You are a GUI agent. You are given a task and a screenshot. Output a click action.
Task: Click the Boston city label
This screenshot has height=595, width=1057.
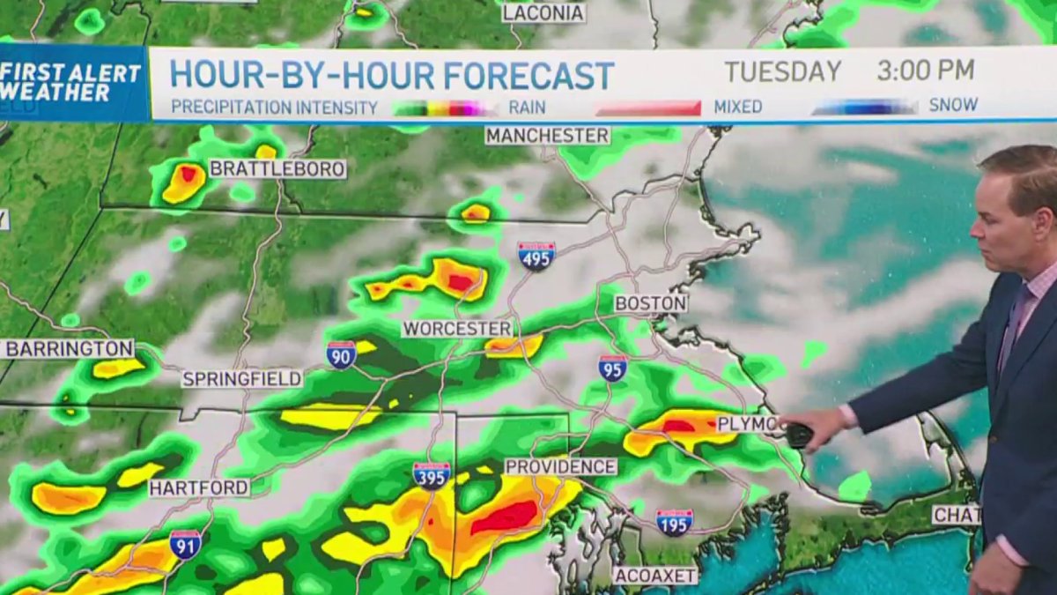point(651,303)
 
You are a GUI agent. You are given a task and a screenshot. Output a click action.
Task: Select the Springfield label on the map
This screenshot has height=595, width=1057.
point(242,379)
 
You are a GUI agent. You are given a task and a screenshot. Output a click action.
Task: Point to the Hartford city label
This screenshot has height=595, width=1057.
point(199,487)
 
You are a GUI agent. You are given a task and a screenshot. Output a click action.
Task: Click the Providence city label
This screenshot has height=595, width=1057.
point(560,466)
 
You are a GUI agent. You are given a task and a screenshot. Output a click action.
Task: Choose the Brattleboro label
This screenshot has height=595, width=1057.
point(277,169)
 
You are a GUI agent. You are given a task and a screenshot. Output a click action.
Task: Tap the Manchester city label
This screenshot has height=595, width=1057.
point(547,136)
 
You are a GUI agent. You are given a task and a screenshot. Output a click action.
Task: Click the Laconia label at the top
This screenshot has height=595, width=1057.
point(543,13)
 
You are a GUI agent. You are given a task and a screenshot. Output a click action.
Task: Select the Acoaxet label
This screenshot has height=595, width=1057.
point(655,576)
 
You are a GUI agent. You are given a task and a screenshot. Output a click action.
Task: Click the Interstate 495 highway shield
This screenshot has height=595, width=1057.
point(536,256)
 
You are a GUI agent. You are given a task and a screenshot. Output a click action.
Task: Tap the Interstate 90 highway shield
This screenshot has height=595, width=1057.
point(341,354)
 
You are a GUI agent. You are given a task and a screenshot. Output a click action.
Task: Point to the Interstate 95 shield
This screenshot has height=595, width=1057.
point(612,368)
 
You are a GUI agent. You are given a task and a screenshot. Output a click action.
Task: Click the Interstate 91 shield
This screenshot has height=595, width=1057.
point(185,544)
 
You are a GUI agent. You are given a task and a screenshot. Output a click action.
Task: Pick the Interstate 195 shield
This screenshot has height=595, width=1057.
point(674,522)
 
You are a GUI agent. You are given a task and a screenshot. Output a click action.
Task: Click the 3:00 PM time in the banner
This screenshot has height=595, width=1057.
point(925,71)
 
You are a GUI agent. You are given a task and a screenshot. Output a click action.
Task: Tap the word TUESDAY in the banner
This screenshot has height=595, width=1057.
point(782,71)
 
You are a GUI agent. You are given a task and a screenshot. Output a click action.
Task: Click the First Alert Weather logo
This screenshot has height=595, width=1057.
point(72,83)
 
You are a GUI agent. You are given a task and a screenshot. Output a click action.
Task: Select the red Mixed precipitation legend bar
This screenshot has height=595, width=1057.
point(648,108)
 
